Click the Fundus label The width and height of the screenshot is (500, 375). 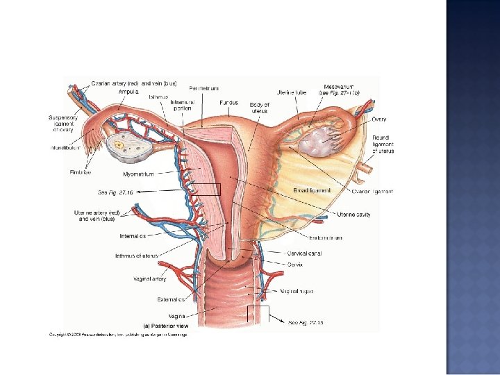click(x=228, y=102)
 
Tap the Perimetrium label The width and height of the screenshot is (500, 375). click(x=203, y=88)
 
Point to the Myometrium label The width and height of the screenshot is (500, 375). click(x=138, y=174)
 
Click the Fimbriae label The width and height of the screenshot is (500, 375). click(x=80, y=172)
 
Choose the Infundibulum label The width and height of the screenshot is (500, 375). click(x=65, y=148)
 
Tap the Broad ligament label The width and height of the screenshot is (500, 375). click(x=312, y=190)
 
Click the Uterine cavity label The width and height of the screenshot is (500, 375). click(x=354, y=215)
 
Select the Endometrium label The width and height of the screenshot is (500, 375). click(x=326, y=238)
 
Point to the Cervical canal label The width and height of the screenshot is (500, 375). click(x=305, y=253)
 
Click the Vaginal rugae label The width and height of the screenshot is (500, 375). click(x=297, y=292)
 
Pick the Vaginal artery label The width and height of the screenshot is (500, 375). click(x=150, y=279)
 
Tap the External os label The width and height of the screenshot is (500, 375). click(x=171, y=300)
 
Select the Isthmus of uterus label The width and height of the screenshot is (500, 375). click(x=137, y=256)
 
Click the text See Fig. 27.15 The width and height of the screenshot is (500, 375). click(x=306, y=322)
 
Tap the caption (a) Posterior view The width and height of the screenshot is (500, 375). click(x=165, y=325)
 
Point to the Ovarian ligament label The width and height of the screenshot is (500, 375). click(x=372, y=191)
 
